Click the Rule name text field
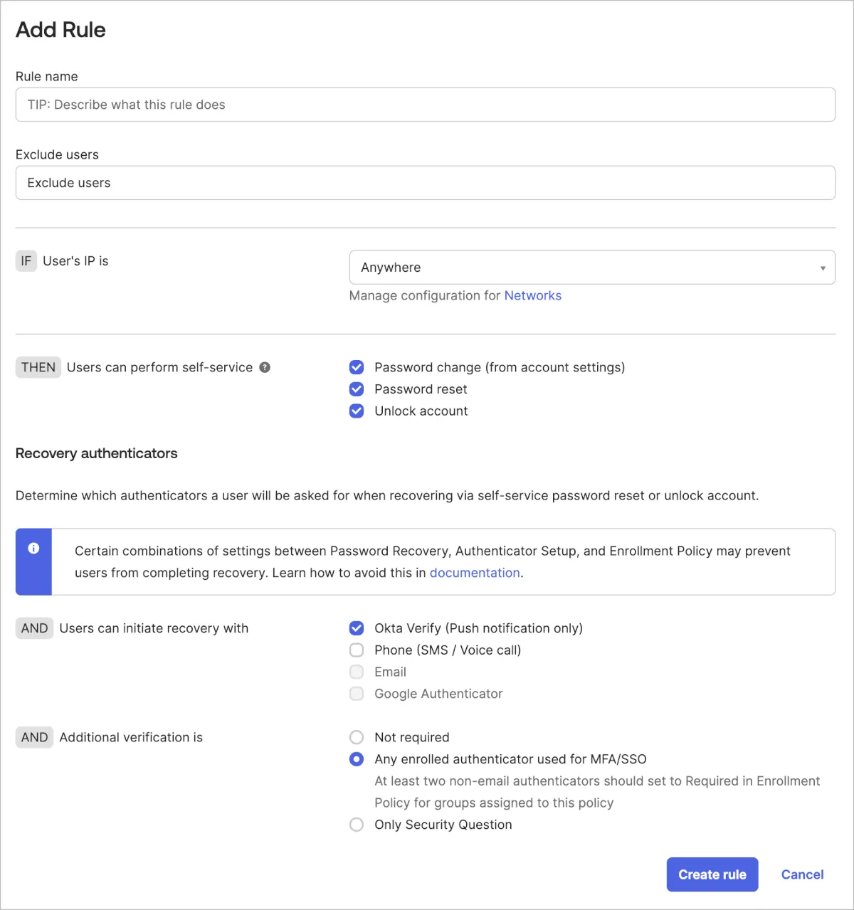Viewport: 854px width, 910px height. tap(425, 105)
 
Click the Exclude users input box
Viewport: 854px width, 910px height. tap(425, 183)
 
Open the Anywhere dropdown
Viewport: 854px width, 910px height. tap(591, 268)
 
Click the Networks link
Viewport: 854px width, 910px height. tap(532, 295)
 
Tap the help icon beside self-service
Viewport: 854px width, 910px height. tap(265, 367)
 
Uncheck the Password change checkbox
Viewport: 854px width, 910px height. tap(357, 367)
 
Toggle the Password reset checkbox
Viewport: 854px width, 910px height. tap(357, 389)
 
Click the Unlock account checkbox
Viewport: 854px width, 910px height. tap(357, 411)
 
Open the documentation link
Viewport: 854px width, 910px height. tap(474, 573)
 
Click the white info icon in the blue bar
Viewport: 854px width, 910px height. tap(33, 548)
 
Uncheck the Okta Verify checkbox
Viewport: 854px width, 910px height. tap(357, 628)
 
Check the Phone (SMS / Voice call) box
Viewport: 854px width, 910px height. tap(357, 650)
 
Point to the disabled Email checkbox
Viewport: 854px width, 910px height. tap(357, 672)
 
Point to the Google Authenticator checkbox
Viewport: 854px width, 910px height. tap(357, 694)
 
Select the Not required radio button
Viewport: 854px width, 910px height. tap(357, 737)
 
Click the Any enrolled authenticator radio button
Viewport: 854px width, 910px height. tap(357, 759)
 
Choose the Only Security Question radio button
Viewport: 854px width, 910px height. tap(357, 825)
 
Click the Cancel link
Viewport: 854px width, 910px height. tap(802, 874)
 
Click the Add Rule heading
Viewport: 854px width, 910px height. tap(60, 30)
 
